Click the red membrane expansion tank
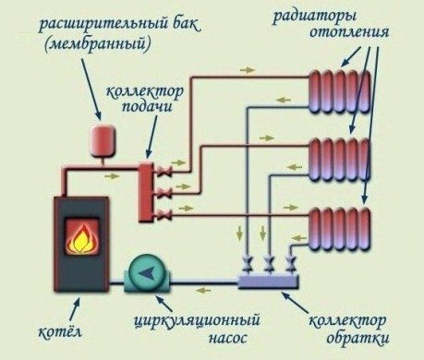98,138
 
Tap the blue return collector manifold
267,278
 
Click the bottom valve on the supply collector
164,215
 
